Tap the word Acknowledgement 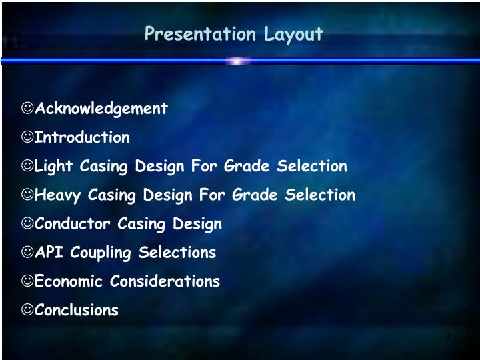pos(101,109)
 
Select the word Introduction pos(82,137)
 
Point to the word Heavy pos(57,195)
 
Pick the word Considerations pos(165,281)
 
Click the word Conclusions pos(77,310)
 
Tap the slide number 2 pos(448,336)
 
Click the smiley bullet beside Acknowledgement pos(27,108)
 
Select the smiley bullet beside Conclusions pos(27,309)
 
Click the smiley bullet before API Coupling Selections pos(27,252)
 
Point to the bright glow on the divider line pos(238,61)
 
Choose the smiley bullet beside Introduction pos(27,137)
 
